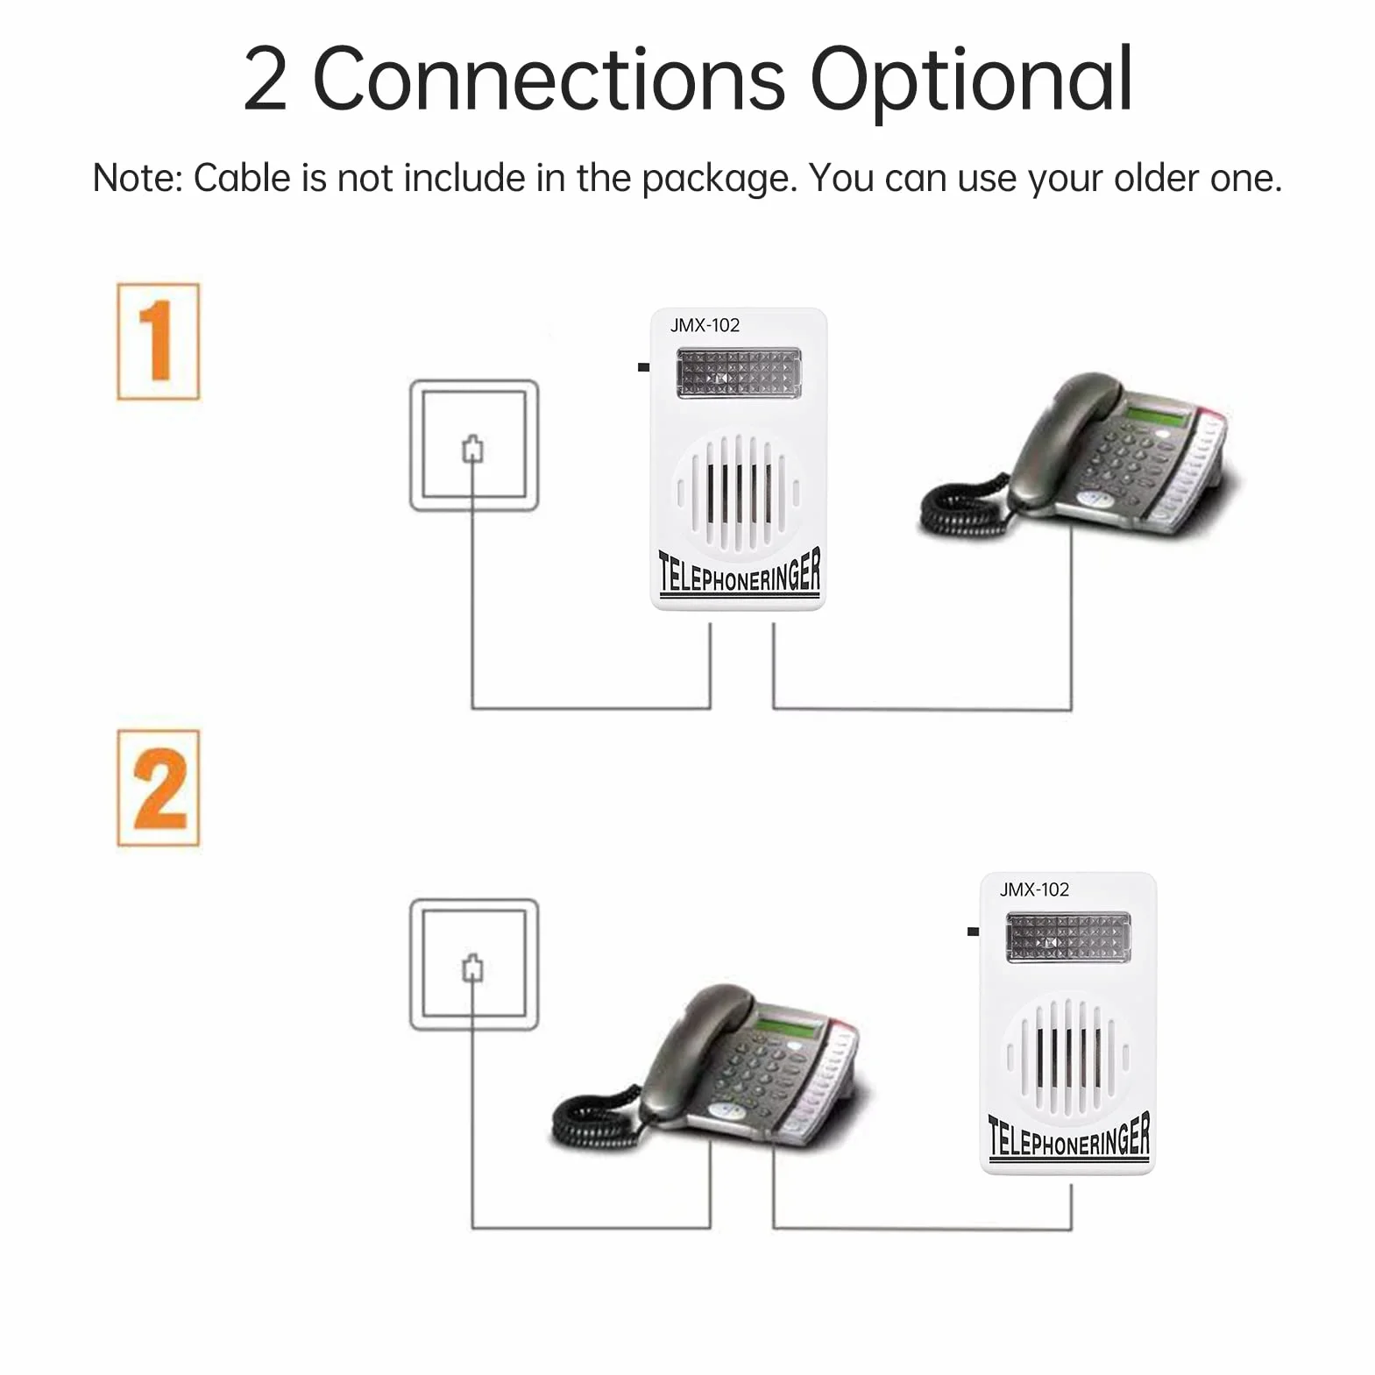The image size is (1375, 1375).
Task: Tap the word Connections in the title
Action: click(549, 80)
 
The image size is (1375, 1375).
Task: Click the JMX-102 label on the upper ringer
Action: click(705, 325)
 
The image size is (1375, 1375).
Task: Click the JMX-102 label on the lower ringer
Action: click(1034, 889)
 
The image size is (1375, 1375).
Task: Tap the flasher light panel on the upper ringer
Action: click(739, 372)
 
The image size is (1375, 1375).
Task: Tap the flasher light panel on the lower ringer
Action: click(1068, 937)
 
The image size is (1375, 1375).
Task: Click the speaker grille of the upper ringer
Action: click(737, 493)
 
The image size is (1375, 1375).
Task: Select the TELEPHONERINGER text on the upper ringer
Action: click(739, 571)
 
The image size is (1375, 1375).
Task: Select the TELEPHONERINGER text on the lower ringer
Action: click(1068, 1137)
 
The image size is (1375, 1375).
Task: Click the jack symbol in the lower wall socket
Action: click(473, 967)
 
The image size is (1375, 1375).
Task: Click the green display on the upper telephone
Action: click(1156, 415)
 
